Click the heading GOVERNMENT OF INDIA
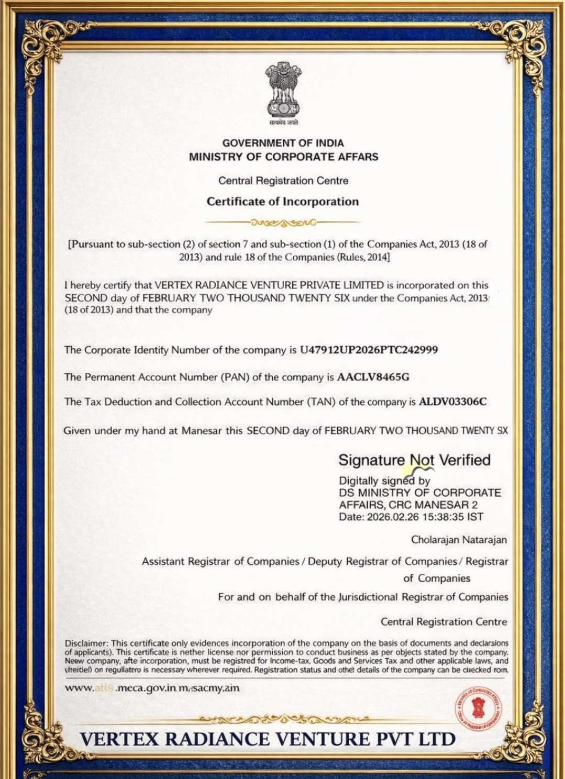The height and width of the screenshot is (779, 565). pyautogui.click(x=283, y=143)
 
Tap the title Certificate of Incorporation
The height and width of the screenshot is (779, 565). pyautogui.click(x=283, y=202)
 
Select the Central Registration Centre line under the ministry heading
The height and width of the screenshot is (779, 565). pyautogui.click(x=283, y=181)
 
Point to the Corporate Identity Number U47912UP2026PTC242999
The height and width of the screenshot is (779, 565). pyautogui.click(x=369, y=350)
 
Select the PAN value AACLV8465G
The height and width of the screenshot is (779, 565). pyautogui.click(x=373, y=377)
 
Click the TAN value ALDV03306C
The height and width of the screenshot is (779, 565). pyautogui.click(x=453, y=402)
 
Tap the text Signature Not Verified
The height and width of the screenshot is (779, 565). pyautogui.click(x=414, y=460)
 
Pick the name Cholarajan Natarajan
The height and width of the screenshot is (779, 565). pyautogui.click(x=459, y=539)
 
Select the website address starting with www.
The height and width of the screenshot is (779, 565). pyautogui.click(x=152, y=687)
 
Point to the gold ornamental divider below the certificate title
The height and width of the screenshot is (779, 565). pyautogui.click(x=283, y=222)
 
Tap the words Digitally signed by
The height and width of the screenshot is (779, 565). pyautogui.click(x=384, y=481)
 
